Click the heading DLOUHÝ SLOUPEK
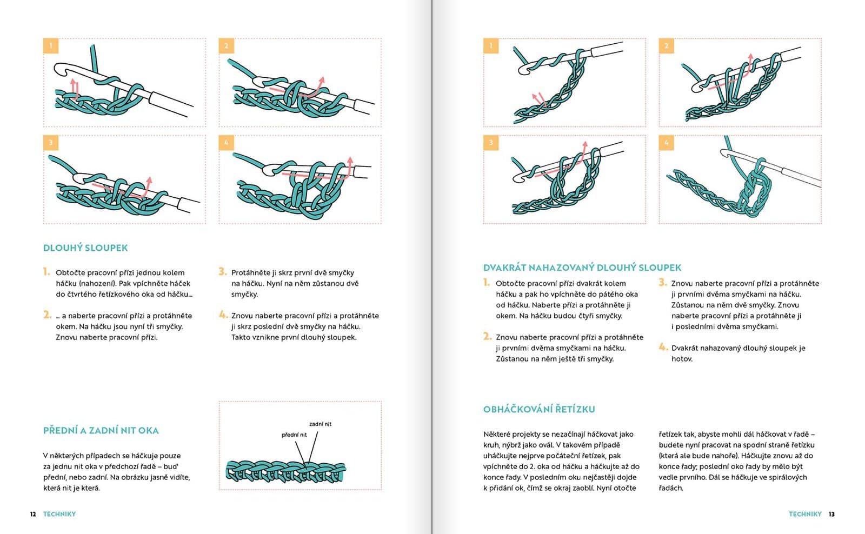[85, 248]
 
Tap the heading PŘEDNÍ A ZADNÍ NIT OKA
[101, 431]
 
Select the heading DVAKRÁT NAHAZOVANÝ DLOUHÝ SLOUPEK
[582, 268]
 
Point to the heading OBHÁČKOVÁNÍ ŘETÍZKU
[538, 409]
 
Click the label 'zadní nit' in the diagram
[320, 424]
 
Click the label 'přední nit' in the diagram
[294, 435]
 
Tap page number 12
[33, 514]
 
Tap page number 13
[831, 514]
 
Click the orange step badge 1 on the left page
[51, 45]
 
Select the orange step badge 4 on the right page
[666, 143]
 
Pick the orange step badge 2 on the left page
[226, 45]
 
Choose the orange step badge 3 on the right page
[491, 143]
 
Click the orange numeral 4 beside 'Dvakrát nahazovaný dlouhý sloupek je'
[663, 347]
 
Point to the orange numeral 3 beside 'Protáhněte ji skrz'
[222, 271]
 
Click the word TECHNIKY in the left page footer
[59, 514]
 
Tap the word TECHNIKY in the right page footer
[804, 514]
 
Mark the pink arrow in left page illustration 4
[349, 165]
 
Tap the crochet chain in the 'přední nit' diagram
[285, 472]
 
